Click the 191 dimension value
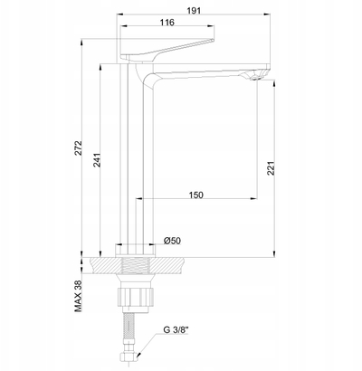coord(194,11)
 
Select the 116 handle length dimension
coord(167,23)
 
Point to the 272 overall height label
coord(79,147)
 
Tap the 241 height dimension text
coord(97,160)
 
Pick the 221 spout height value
coord(271,168)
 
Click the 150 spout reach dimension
coord(196,195)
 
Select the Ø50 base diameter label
coord(172,241)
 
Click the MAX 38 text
coord(79,295)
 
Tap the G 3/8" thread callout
coord(176,329)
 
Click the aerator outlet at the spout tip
coord(255,78)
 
